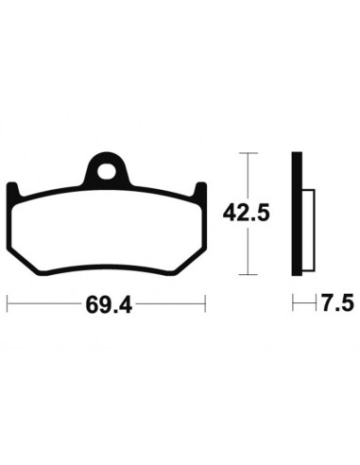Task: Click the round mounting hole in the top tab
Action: point(107,172)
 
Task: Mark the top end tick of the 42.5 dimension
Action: point(248,154)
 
